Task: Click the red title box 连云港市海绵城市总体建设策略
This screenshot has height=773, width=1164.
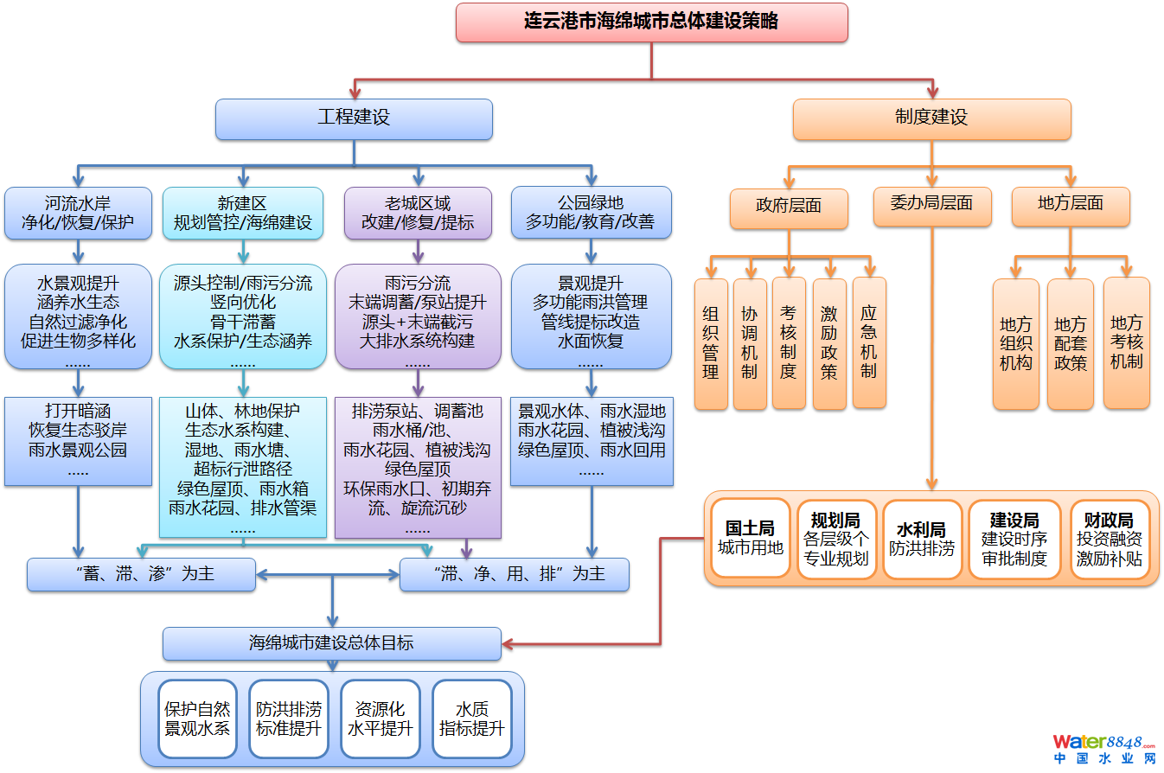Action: click(x=651, y=22)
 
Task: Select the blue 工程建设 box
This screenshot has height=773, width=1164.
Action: click(x=354, y=118)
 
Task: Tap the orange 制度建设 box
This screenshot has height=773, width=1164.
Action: click(x=931, y=118)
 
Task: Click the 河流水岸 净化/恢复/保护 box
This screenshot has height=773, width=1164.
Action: click(x=78, y=213)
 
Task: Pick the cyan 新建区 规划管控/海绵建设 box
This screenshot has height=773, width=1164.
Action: click(x=243, y=213)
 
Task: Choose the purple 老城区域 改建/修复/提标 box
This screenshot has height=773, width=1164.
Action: click(x=418, y=213)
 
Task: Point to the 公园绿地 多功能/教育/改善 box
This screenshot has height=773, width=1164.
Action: click(x=591, y=213)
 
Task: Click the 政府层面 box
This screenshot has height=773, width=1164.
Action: click(x=789, y=207)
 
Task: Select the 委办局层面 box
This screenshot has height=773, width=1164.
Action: click(x=931, y=204)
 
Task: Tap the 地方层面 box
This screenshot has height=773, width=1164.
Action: click(x=1071, y=205)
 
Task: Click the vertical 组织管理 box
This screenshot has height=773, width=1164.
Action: click(x=711, y=343)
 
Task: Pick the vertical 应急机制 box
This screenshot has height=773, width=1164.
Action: click(x=869, y=342)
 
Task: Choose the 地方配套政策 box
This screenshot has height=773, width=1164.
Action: click(x=1070, y=344)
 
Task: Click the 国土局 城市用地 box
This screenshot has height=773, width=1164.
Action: click(x=750, y=538)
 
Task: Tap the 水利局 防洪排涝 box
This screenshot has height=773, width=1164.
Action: click(x=921, y=538)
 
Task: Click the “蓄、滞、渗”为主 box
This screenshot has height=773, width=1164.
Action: click(x=141, y=574)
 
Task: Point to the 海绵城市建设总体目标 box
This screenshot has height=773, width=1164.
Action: click(x=332, y=643)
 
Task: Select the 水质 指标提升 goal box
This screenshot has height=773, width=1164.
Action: click(x=471, y=719)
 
